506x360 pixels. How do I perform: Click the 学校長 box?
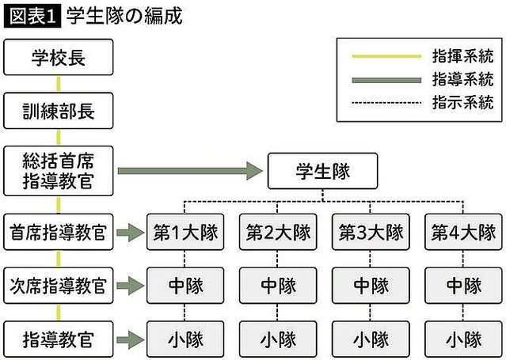tap(58, 58)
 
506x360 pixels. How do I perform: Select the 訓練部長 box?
tap(58, 110)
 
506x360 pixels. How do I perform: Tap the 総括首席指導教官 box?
tap(58, 170)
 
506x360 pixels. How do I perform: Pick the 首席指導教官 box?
tap(58, 233)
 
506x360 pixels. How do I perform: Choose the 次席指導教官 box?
tap(58, 286)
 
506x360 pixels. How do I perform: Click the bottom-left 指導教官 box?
tap(58, 339)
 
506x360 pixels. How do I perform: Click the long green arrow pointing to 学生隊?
tap(190, 170)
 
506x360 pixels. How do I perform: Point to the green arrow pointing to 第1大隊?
tap(130, 233)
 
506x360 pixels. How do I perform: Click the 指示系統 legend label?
tap(463, 102)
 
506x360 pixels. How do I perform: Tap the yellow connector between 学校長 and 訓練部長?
tap(58, 84)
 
